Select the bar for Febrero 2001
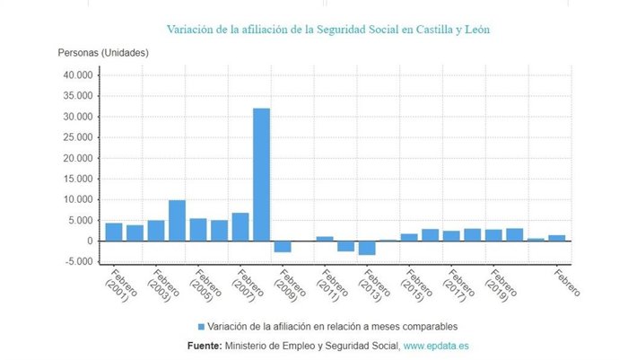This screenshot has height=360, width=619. point(114,232)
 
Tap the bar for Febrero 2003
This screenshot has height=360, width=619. point(156,231)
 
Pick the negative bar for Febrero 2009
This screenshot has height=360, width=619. point(283,246)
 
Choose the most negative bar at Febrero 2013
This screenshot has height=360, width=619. point(367,248)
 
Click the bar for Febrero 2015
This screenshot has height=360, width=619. point(409,237)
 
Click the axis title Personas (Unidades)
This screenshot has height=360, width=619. point(103,52)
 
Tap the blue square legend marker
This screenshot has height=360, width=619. point(202,326)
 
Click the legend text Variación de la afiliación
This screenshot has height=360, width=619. point(333,326)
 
